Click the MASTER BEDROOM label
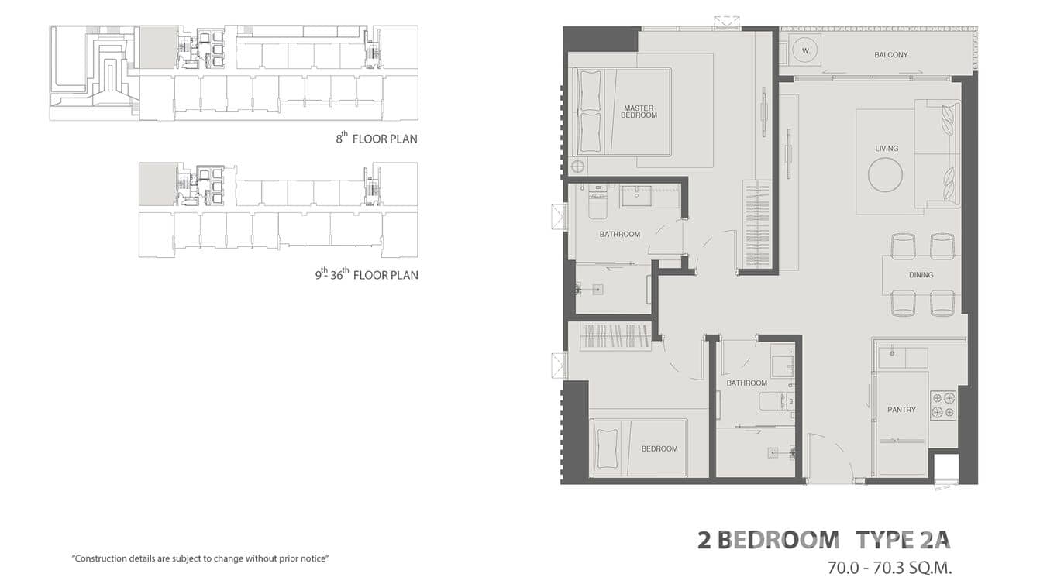(639, 112)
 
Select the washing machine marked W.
(806, 50)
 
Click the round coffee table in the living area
(885, 174)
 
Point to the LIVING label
(887, 148)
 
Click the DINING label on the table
(921, 274)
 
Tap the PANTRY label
(901, 409)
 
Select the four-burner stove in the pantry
(943, 405)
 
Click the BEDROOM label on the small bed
(659, 448)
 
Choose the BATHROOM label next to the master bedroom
(619, 234)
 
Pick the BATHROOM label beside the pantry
(746, 383)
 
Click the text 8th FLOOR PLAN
(376, 139)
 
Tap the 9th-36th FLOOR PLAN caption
(366, 274)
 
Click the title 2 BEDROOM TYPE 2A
(823, 540)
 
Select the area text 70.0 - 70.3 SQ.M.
(889, 568)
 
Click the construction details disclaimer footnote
(201, 558)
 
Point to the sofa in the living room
(938, 153)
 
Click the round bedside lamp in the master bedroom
(577, 167)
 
